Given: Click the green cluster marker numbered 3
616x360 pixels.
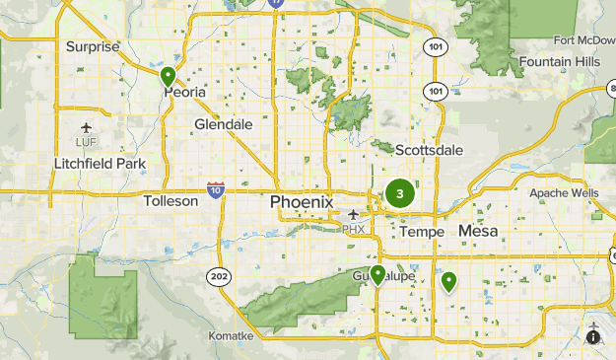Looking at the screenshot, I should (x=399, y=193).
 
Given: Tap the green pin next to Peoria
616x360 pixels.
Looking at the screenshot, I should (x=168, y=75).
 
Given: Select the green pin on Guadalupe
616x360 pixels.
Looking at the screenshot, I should (x=377, y=274).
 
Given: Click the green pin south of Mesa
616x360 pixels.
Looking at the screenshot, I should (x=448, y=282).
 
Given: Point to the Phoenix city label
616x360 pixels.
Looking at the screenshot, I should (x=302, y=201).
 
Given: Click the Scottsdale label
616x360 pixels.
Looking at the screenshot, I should (x=429, y=151).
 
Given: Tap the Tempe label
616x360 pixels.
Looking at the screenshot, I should (x=422, y=231).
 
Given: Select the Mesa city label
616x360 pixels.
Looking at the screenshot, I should (x=478, y=231).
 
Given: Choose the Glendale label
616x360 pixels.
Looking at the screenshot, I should (x=224, y=125).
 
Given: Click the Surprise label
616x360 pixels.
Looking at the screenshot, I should (x=92, y=46).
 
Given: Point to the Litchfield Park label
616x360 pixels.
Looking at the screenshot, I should (x=100, y=163).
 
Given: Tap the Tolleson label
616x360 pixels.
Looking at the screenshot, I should (x=171, y=200).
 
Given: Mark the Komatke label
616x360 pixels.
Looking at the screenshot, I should (x=231, y=336).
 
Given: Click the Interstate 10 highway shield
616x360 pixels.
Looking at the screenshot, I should (x=216, y=189).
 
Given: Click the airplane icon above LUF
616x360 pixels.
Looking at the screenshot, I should (x=88, y=127).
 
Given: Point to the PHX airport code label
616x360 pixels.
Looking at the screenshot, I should (x=353, y=229).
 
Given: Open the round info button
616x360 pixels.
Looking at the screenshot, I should (x=593, y=336).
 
